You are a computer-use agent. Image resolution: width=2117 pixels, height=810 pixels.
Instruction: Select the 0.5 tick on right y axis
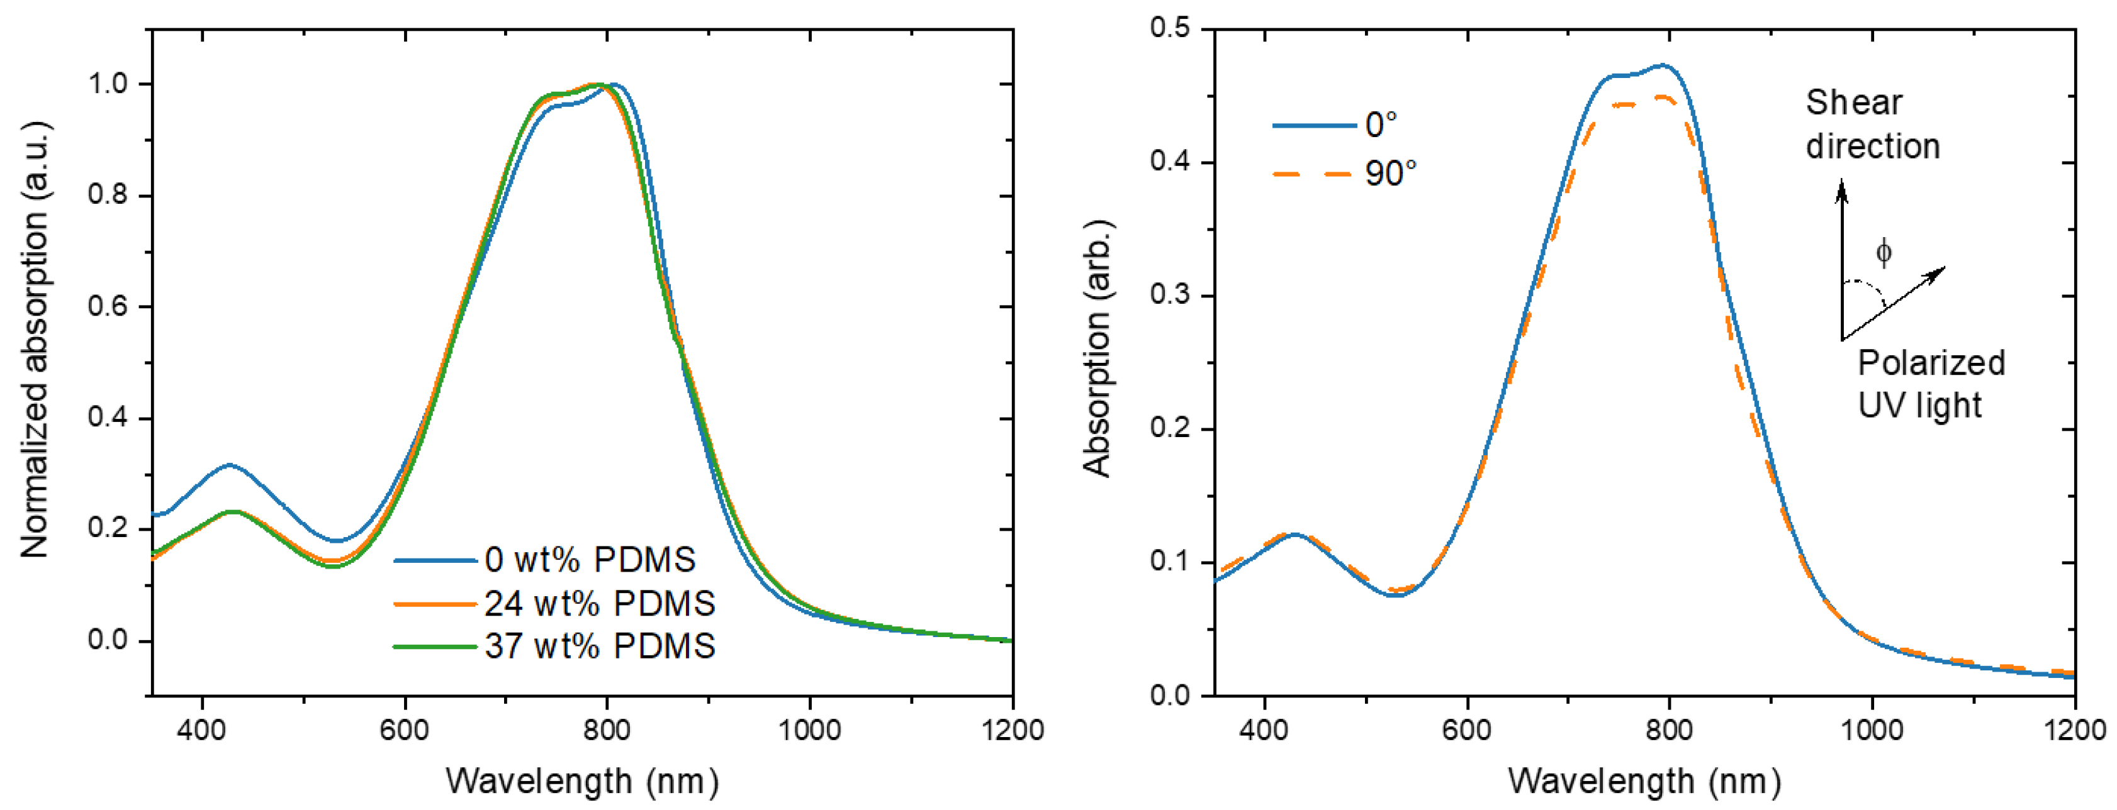pyautogui.click(x=1171, y=29)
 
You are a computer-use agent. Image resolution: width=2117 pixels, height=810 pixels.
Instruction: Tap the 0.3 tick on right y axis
pyautogui.click(x=1171, y=295)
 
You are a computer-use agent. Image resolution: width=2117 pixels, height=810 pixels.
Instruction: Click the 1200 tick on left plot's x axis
pyautogui.click(x=1013, y=730)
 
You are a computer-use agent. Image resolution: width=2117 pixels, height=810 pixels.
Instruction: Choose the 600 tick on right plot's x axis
pyautogui.click(x=1467, y=730)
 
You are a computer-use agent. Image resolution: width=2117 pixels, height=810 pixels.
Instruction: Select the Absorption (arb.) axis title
pyautogui.click(x=1097, y=349)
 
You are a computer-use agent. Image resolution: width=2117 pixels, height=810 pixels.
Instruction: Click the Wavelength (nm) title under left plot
pyautogui.click(x=582, y=780)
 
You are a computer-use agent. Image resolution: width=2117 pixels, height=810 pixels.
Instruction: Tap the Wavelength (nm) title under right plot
pyautogui.click(x=1644, y=780)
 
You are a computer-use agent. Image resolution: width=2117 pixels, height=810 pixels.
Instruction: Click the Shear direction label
pyautogui.click(x=1872, y=125)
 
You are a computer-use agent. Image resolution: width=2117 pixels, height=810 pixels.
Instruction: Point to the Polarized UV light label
pyautogui.click(x=1929, y=384)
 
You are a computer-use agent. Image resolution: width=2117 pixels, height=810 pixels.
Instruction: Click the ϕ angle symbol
pyautogui.click(x=1884, y=252)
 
